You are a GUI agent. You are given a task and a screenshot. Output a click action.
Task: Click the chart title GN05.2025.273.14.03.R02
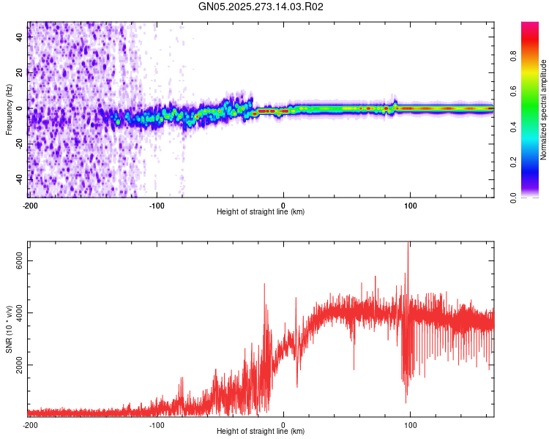pyautogui.click(x=261, y=7)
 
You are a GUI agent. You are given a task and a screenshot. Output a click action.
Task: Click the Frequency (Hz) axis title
pyautogui.click(x=9, y=108)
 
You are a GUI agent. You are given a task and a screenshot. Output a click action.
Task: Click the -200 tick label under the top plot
pyautogui.click(x=30, y=204)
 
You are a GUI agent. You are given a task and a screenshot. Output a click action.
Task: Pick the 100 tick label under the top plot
pyautogui.click(x=411, y=204)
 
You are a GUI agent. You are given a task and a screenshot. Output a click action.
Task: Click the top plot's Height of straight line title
pyautogui.click(x=261, y=212)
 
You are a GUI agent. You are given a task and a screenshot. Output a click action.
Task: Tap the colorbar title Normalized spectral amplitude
pyautogui.click(x=544, y=110)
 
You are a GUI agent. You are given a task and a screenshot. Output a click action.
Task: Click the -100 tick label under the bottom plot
pyautogui.click(x=157, y=424)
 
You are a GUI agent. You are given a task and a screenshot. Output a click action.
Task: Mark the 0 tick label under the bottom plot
pyautogui.click(x=283, y=424)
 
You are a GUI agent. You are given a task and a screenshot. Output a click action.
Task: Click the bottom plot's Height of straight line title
pyautogui.click(x=261, y=432)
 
